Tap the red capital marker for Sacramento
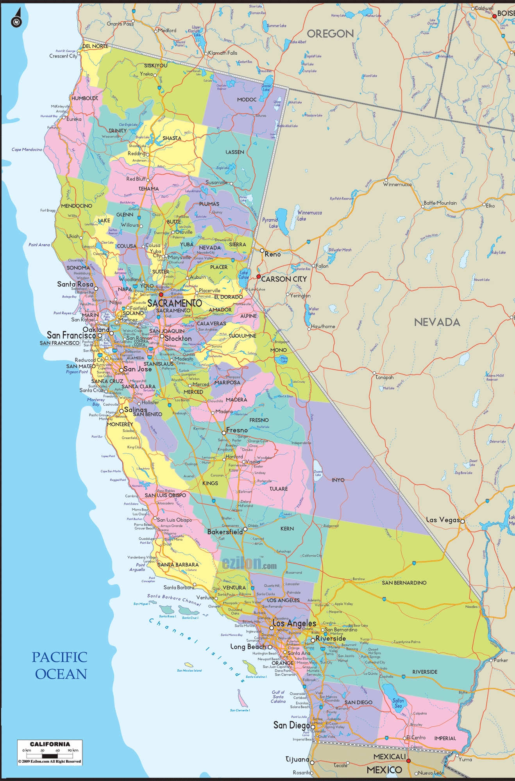pos(161,294)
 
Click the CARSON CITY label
pos(284,279)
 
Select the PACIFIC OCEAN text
pos(60,665)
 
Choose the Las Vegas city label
pos(442,520)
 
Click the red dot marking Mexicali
pos(409,761)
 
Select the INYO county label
pos(338,480)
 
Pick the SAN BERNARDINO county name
pos(404,583)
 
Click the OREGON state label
pos(330,34)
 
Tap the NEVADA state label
pos(437,322)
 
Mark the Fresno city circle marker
pos(224,433)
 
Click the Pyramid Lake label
pos(270,223)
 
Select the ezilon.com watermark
pos(249,563)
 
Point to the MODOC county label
pos(247,100)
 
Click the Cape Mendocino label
pos(27,150)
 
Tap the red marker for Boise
pos(494,16)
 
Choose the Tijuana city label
pos(297,759)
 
